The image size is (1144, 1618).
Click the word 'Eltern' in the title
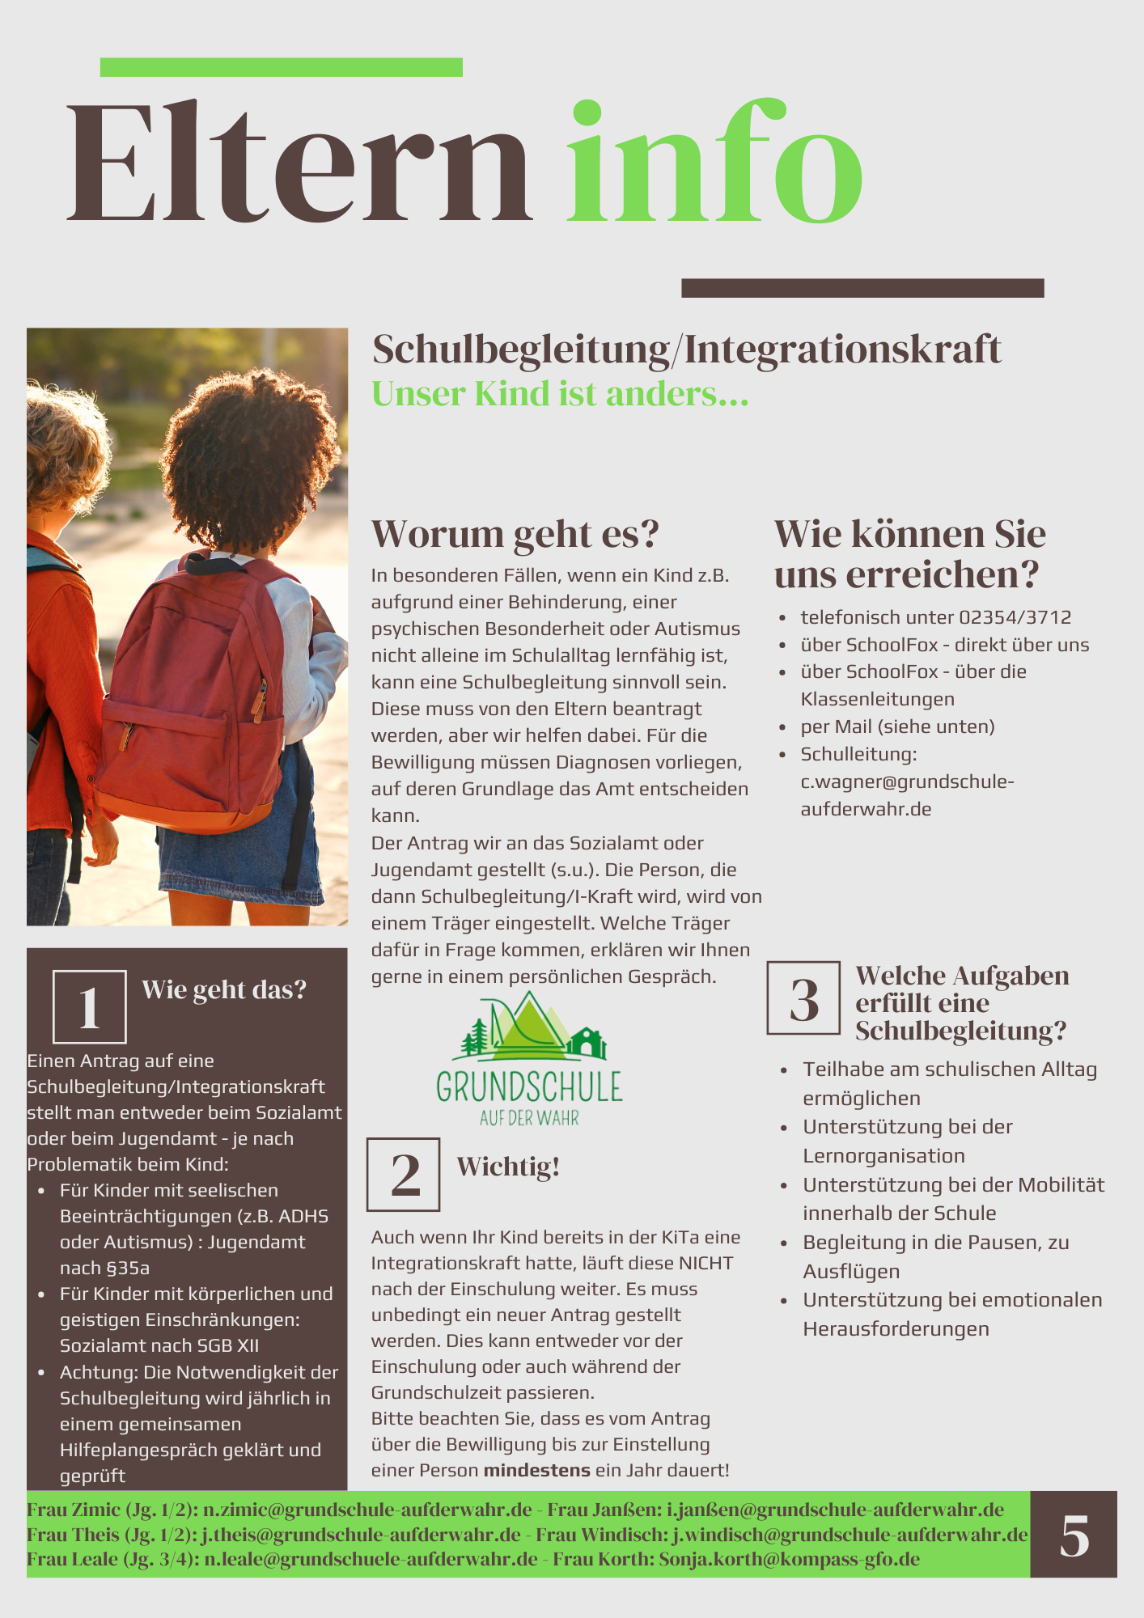[299, 162]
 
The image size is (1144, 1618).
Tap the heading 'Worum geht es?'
[515, 534]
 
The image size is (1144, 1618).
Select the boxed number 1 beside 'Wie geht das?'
[90, 1007]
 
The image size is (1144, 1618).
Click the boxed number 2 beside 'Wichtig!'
[404, 1175]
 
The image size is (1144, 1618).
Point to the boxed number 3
[803, 998]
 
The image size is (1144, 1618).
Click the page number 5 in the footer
[1074, 1535]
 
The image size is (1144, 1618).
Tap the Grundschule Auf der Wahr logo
[529, 1060]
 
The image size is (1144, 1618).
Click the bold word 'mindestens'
[537, 1471]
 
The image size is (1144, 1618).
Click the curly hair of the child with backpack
[243, 461]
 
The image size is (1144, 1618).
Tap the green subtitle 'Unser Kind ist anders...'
[560, 395]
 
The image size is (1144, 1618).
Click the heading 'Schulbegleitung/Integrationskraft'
[686, 349]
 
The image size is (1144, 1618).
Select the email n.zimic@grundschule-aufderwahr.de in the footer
[367, 1510]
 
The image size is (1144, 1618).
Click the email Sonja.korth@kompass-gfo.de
[789, 1560]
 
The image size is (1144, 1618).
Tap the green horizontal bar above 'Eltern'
[281, 67]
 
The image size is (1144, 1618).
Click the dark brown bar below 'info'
[862, 288]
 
